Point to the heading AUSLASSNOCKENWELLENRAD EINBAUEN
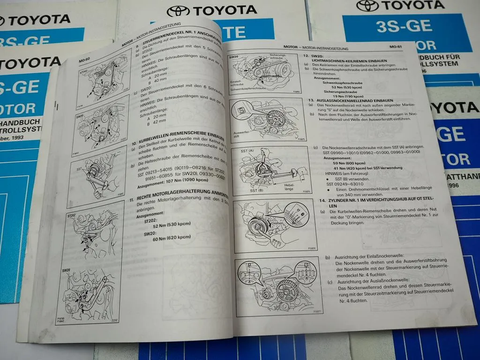(356, 100)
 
